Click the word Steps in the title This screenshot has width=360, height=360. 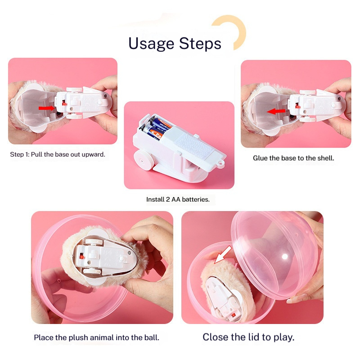(x=200, y=44)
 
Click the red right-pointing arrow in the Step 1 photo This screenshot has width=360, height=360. (x=45, y=108)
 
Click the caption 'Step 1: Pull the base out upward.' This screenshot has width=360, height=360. (x=58, y=154)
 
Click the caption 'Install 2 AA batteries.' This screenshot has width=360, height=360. (x=178, y=199)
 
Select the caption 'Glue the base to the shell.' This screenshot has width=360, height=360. (x=293, y=158)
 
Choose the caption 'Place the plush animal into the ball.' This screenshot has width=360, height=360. (x=96, y=337)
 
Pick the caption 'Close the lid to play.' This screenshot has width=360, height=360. (x=248, y=337)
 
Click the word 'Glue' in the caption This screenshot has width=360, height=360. (x=261, y=158)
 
